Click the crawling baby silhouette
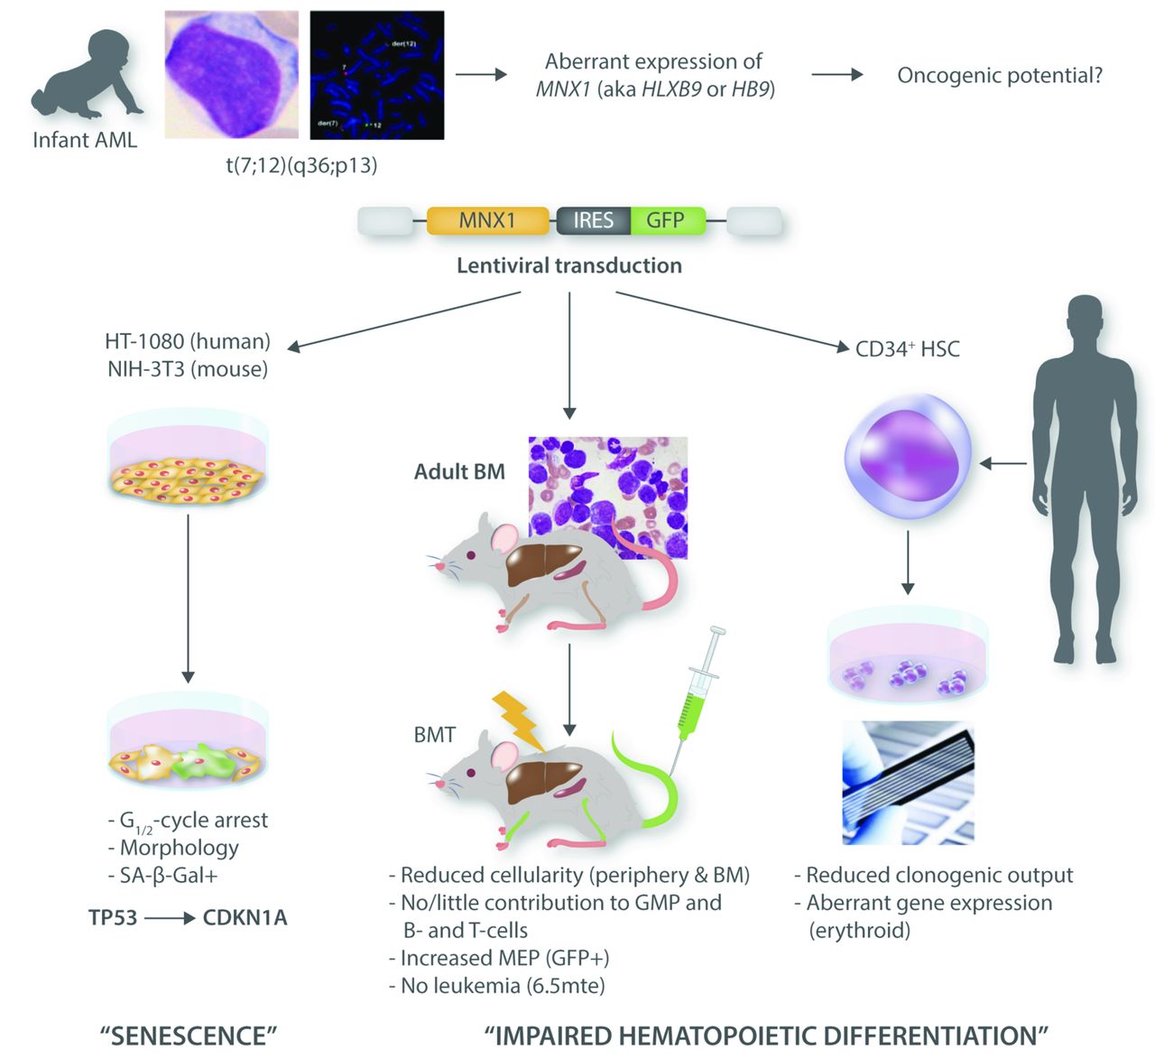(x=86, y=77)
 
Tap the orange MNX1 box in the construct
(x=487, y=221)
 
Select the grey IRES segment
(x=593, y=221)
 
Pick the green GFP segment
(x=667, y=221)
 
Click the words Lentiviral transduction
(x=568, y=265)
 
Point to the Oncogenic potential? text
(x=1000, y=76)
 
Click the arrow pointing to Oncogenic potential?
(x=836, y=75)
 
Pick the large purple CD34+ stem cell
(x=907, y=460)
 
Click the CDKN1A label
(x=245, y=918)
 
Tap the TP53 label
(x=113, y=918)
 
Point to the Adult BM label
(x=459, y=471)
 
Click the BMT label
(x=434, y=735)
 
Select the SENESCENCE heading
(x=188, y=1036)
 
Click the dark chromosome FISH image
(x=376, y=75)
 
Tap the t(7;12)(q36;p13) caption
(x=301, y=165)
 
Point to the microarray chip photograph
(x=908, y=783)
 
